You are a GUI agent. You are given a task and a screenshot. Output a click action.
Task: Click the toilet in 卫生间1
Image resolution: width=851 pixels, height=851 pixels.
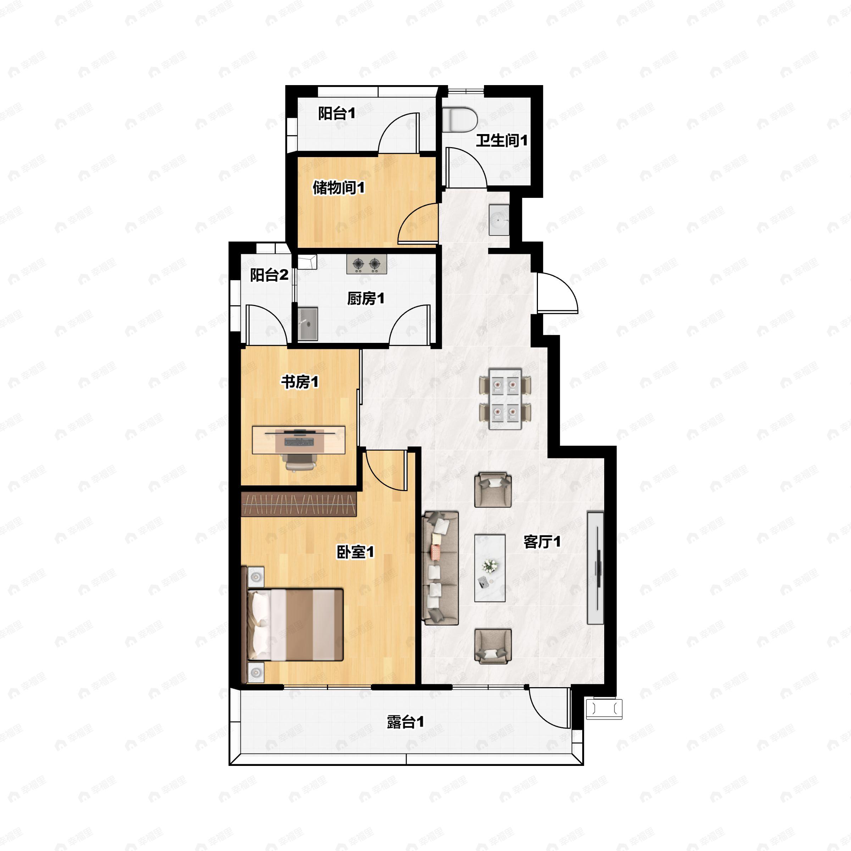[x=460, y=119]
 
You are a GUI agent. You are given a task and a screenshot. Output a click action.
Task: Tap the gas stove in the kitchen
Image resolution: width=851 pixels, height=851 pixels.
[x=367, y=264]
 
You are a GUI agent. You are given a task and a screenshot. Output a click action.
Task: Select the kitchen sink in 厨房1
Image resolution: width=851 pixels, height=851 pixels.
[x=308, y=324]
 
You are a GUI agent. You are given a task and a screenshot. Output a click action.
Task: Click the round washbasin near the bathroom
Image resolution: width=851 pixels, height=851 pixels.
[x=499, y=219]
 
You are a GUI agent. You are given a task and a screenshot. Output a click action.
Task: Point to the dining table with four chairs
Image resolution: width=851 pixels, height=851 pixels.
[x=505, y=399]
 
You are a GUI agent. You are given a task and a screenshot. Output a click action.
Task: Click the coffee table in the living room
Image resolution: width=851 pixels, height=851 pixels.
[x=489, y=568]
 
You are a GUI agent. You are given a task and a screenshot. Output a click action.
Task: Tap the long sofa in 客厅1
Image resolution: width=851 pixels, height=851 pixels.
[x=440, y=568]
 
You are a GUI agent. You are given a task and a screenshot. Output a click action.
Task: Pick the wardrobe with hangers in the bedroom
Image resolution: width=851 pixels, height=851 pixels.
[x=299, y=504]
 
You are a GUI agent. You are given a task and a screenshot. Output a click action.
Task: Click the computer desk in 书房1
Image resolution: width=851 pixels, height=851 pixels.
[x=298, y=440]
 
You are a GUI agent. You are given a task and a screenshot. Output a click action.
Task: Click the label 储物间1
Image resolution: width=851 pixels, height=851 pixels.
[x=339, y=188]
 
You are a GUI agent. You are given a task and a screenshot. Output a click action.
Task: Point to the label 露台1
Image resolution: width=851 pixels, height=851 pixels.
[x=406, y=722]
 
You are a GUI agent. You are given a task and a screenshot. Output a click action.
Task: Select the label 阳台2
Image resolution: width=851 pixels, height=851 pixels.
[x=269, y=275]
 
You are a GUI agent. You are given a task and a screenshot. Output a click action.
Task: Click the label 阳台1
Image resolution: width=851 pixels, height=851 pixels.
[x=336, y=113]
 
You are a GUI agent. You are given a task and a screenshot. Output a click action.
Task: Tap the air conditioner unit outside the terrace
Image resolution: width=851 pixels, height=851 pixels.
[x=604, y=709]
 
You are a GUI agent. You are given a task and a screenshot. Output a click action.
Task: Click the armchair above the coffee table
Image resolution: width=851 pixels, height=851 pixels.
[x=493, y=490]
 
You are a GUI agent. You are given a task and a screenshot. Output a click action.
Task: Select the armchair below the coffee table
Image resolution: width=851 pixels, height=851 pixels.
[x=493, y=646]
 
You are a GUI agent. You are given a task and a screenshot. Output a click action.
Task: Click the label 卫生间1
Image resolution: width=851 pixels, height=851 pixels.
[x=502, y=141]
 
